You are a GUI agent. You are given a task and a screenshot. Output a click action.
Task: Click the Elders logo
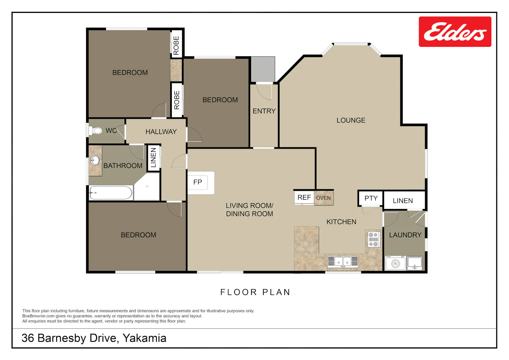click(x=455, y=32)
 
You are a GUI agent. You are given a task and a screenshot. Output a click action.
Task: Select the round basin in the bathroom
click(x=95, y=160)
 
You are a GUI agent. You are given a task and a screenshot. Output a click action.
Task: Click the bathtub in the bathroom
click(x=111, y=193)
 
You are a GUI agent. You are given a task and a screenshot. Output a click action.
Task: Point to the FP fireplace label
click(x=197, y=182)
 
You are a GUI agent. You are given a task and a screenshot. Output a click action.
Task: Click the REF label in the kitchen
click(x=304, y=197)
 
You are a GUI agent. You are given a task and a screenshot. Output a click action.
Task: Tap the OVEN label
click(x=323, y=198)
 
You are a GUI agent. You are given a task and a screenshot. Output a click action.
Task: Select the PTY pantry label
click(x=371, y=198)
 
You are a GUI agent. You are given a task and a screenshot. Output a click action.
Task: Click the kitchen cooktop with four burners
click(x=373, y=239)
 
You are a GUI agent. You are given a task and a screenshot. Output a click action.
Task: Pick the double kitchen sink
click(x=343, y=262)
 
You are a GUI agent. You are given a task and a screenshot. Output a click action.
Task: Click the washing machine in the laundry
click(x=396, y=263)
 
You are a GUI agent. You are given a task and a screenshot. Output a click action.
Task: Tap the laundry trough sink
click(x=415, y=263)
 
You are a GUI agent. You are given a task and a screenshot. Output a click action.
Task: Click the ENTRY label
click(x=264, y=111)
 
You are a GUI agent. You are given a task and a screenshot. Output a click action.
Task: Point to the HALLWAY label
click(x=161, y=132)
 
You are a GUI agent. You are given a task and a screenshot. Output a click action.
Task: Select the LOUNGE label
click(x=351, y=120)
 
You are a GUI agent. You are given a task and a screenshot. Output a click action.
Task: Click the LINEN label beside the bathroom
click(x=154, y=157)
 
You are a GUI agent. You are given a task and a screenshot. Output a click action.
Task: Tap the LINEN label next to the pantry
click(x=403, y=201)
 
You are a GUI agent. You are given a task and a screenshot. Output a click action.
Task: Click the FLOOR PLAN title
click(x=256, y=292)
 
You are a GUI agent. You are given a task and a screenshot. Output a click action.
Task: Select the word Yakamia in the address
click(x=145, y=338)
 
